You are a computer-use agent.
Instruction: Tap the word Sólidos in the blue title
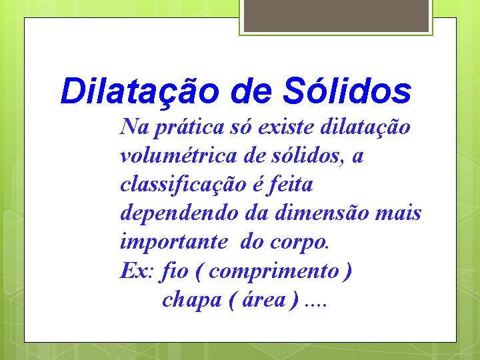(x=346, y=92)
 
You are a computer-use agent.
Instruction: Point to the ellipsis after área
(x=316, y=303)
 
